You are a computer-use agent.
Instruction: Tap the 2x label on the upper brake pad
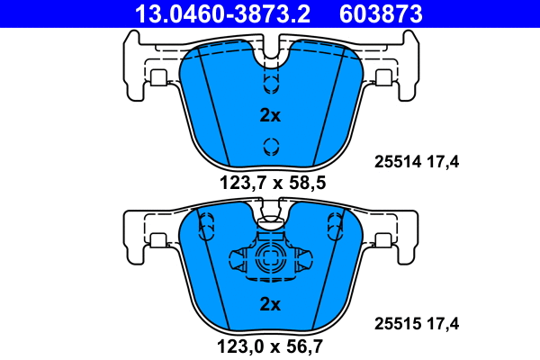click(270, 115)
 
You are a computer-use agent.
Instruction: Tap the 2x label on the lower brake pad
click(270, 304)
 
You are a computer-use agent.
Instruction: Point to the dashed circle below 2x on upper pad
click(270, 148)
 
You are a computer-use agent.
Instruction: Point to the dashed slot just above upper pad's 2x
click(270, 84)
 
